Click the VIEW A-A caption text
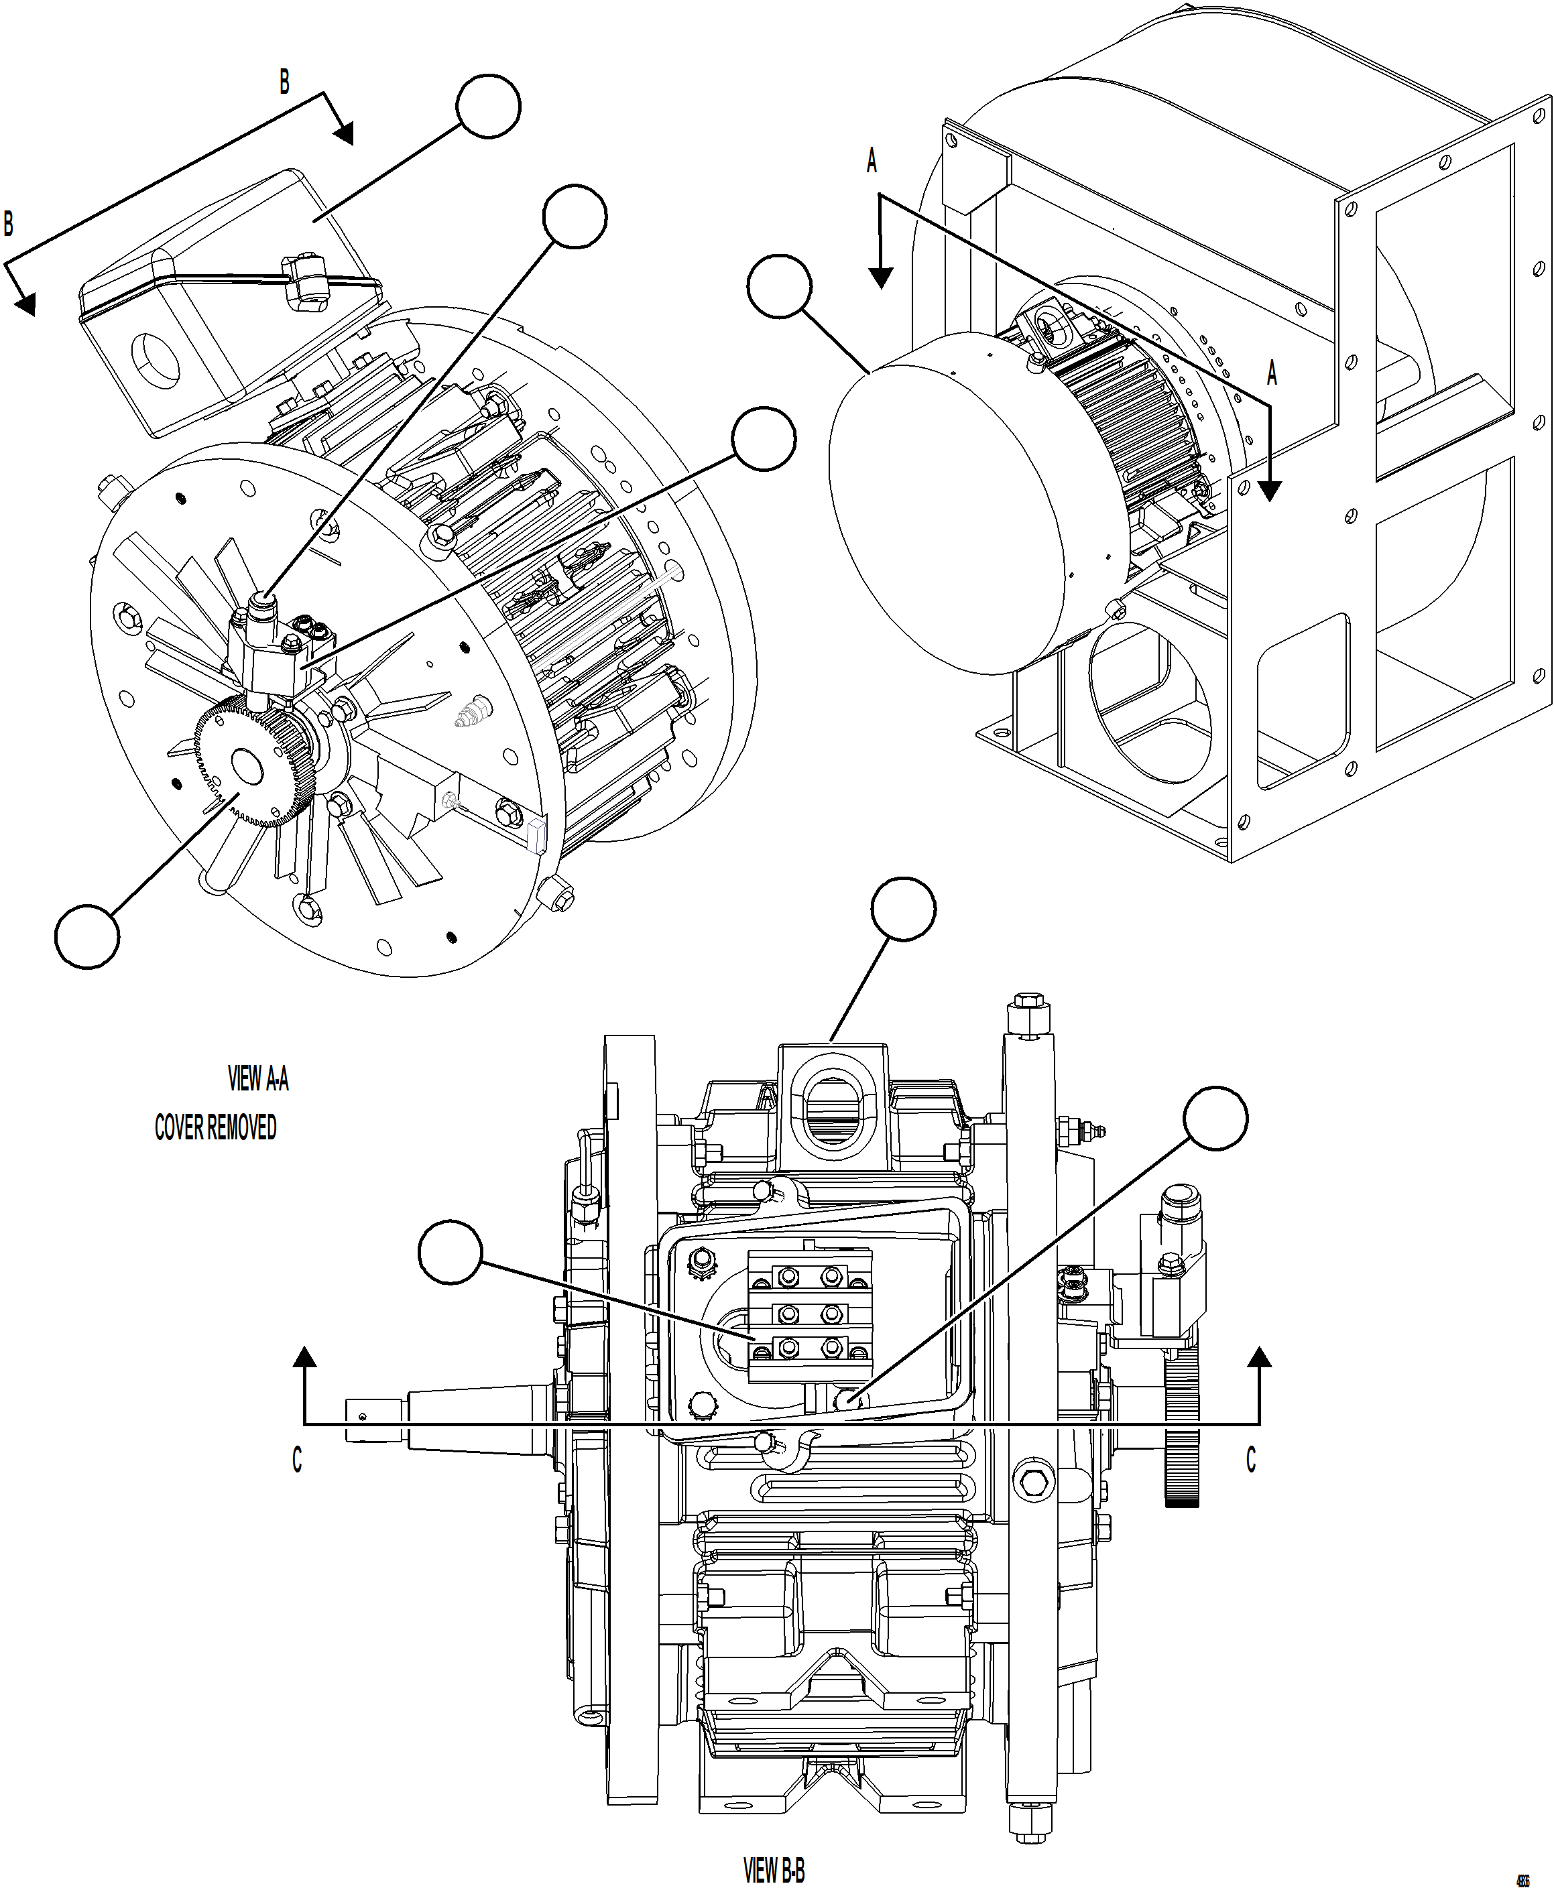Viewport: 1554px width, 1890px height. coord(258,1078)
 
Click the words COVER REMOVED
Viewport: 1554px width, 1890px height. coord(216,1127)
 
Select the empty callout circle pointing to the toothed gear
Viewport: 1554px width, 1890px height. coord(87,936)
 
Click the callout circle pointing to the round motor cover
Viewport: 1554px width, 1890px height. coord(779,286)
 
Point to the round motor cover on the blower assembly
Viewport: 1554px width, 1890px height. coord(940,510)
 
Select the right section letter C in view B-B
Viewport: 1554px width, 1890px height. coord(1250,1458)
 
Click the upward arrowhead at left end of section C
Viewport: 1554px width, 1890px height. coord(305,1357)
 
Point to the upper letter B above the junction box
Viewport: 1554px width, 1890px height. coord(284,82)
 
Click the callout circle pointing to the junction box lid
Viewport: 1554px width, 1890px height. coord(488,107)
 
